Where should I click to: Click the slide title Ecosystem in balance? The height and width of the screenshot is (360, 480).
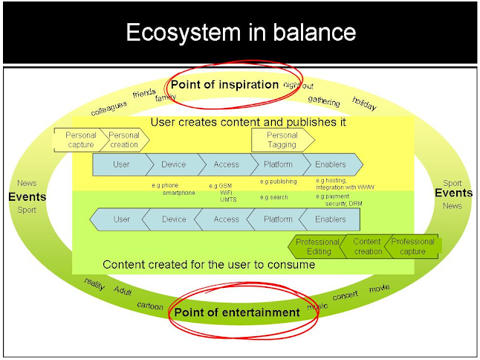coord(241,33)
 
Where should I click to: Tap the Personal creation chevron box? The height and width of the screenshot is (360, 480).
coord(125,140)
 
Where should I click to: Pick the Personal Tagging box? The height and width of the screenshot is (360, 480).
coord(282,140)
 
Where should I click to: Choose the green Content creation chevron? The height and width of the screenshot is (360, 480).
coord(366,247)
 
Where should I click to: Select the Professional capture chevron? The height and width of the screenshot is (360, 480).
coord(412,247)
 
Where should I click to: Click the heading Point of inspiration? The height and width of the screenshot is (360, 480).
coord(224,85)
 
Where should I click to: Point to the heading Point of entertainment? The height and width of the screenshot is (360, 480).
coord(237,312)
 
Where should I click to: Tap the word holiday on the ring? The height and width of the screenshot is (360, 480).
coord(364,103)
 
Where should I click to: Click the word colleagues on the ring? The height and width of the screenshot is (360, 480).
coord(108,109)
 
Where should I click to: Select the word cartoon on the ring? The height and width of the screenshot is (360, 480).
coord(150,306)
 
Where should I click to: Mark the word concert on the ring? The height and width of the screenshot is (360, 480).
coord(345,295)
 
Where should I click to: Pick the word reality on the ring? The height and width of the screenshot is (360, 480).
coord(94,283)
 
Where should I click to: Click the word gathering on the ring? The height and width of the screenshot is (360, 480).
coord(324,101)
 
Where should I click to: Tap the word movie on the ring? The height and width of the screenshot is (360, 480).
coord(379,289)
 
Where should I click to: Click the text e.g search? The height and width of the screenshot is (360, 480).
coord(274,197)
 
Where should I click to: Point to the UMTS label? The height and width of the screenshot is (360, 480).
coord(228,200)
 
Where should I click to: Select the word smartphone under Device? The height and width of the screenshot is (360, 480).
coord(179,193)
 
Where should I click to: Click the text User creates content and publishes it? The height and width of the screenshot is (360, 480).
coord(248,122)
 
